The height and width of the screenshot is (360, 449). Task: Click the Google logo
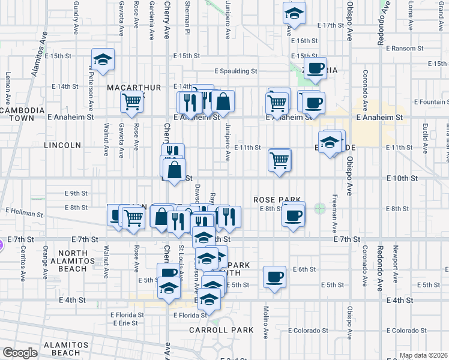tap(19, 353)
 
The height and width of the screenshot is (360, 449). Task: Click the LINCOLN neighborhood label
tap(62, 145)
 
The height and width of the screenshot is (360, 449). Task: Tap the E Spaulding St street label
tap(237, 71)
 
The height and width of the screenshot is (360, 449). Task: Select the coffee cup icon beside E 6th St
tap(275, 277)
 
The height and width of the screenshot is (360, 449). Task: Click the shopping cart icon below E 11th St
tap(280, 160)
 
